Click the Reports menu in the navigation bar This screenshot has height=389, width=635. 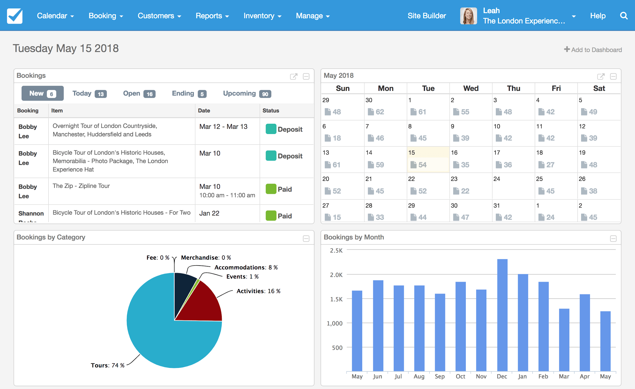[x=212, y=16]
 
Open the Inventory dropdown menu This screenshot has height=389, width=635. [x=262, y=16]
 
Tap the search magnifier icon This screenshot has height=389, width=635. [x=623, y=16]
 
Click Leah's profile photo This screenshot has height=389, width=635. [x=468, y=16]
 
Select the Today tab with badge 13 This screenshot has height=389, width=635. [x=89, y=94]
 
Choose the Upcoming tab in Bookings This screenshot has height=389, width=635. [x=247, y=94]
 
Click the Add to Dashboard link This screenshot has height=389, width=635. [x=593, y=50]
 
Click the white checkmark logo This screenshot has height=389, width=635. [x=15, y=16]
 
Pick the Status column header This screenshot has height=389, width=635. [x=271, y=111]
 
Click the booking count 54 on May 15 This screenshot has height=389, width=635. [x=422, y=165]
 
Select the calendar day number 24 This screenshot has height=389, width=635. [x=496, y=179]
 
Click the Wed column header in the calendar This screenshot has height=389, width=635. [x=471, y=88]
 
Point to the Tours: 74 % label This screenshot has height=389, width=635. [x=107, y=365]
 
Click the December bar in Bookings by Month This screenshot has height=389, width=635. [x=502, y=315]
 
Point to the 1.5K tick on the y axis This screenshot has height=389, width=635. [x=336, y=299]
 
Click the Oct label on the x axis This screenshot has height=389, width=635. [x=460, y=376]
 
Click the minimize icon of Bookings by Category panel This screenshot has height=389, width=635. [x=306, y=238]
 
